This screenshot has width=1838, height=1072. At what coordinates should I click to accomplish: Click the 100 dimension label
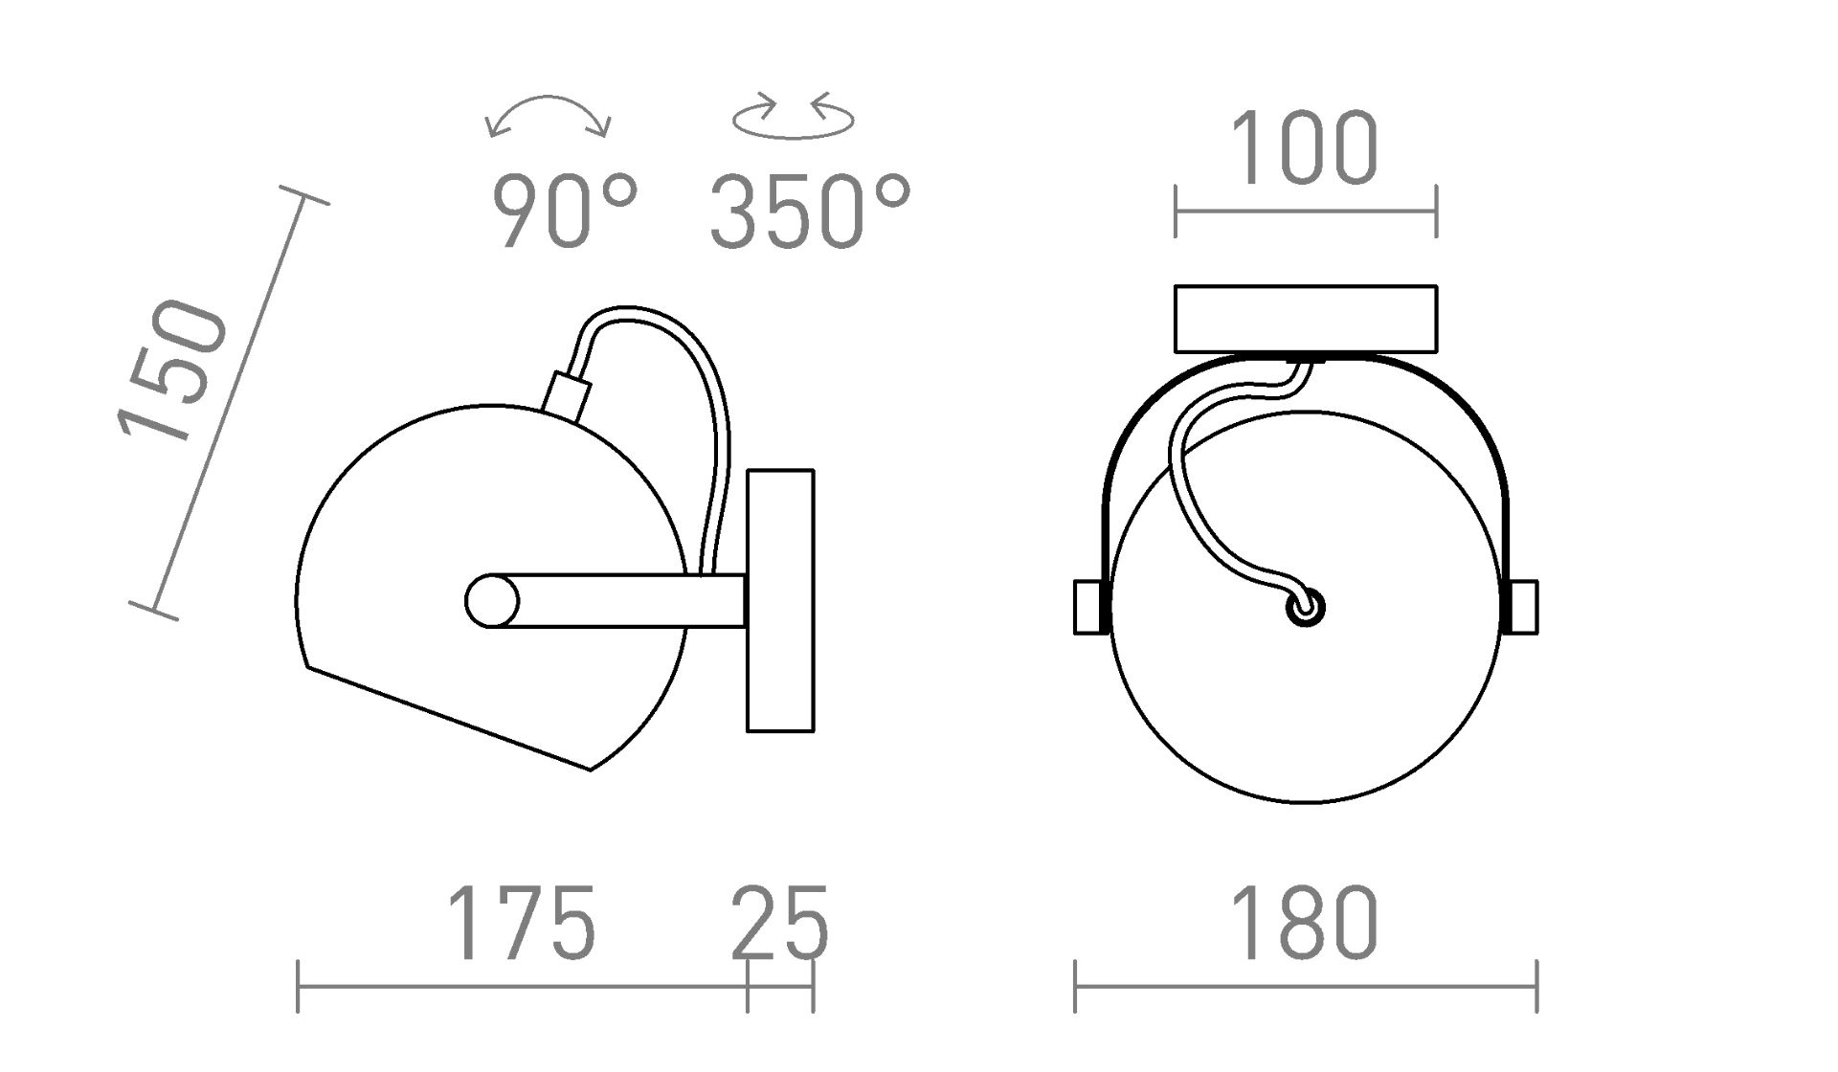click(x=1305, y=148)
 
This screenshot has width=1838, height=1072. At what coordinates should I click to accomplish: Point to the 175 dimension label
click(x=522, y=924)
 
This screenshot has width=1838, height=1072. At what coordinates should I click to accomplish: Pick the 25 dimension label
click(x=779, y=924)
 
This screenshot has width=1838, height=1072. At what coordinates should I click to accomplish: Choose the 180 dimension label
click(x=1305, y=924)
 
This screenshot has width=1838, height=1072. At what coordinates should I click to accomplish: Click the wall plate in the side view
click(x=780, y=601)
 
